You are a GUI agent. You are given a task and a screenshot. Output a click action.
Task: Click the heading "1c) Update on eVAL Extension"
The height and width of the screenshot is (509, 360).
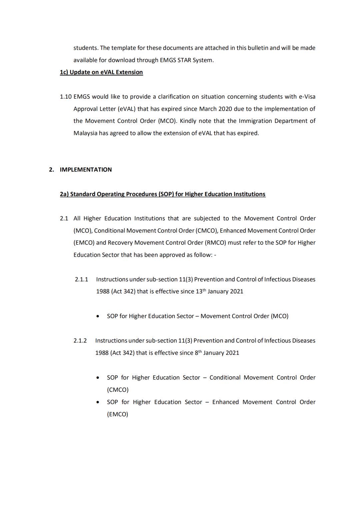coord(101,72)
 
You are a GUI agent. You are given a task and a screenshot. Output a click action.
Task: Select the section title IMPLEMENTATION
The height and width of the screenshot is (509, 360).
coord(86,170)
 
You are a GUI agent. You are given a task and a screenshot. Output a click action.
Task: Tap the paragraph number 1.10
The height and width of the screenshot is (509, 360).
coord(66,97)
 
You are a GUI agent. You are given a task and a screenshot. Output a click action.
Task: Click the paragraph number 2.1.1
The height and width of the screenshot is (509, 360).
coord(81,279)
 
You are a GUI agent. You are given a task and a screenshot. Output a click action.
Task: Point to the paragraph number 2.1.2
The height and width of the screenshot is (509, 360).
coord(80,341)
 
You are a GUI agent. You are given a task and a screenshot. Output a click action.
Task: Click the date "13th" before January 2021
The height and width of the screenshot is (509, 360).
coord(199,291)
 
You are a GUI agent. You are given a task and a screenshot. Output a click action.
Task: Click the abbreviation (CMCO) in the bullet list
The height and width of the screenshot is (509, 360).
coord(118,390)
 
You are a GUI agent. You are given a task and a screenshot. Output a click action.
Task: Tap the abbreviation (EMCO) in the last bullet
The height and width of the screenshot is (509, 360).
coord(117,414)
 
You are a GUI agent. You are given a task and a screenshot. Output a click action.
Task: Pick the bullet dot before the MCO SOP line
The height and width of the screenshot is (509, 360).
coord(97,316)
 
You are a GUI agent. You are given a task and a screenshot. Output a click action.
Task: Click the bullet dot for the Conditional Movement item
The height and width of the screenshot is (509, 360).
coord(97,378)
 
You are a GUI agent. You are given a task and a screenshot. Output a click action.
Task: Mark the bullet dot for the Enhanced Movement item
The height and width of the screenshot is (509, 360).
coord(97,402)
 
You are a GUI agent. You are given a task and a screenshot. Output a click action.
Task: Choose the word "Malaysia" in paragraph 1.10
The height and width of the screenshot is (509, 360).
coord(85,133)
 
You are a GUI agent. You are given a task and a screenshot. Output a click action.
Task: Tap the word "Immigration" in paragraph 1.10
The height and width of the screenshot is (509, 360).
coord(255,121)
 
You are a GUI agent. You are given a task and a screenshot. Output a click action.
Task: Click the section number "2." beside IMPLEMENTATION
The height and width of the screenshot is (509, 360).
coord(51,170)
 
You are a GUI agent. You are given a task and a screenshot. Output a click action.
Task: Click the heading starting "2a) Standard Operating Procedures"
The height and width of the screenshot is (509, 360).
coord(163,194)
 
